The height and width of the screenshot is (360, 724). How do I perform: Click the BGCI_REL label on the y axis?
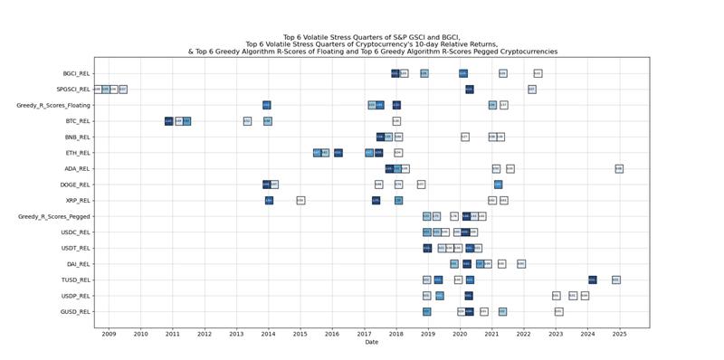click(x=76, y=73)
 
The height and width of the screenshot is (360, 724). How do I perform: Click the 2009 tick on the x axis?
click(x=109, y=334)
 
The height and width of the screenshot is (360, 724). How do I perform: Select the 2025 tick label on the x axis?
click(x=619, y=334)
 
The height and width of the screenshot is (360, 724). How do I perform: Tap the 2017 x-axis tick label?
click(x=364, y=334)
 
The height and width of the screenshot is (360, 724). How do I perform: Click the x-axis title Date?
click(x=371, y=343)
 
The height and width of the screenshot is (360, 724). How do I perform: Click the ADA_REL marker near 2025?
click(x=619, y=168)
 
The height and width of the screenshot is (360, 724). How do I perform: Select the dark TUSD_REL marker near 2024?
click(x=592, y=279)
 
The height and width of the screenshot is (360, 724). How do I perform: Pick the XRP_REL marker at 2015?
click(x=300, y=200)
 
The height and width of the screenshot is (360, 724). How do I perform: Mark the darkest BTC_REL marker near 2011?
click(x=168, y=121)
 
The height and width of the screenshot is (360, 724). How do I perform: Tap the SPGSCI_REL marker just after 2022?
click(x=531, y=90)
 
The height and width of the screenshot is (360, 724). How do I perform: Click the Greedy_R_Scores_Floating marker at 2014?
click(x=266, y=105)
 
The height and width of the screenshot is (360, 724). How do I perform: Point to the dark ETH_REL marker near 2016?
click(x=338, y=153)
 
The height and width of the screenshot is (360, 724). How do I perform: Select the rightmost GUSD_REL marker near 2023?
click(x=558, y=311)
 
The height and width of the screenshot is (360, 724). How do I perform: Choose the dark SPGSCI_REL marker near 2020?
click(x=469, y=90)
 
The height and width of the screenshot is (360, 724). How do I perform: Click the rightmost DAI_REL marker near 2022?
click(x=520, y=263)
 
